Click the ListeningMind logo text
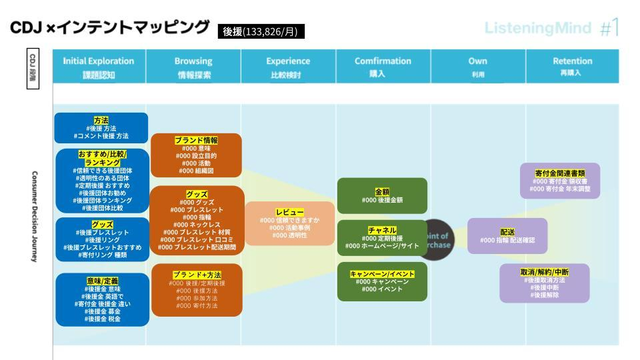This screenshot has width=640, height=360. click(537, 28)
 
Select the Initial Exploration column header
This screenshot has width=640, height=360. click(99, 67)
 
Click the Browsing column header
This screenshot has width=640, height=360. click(193, 67)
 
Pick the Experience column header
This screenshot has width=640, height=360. click(288, 67)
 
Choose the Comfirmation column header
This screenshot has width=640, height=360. click(383, 67)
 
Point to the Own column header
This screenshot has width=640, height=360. click(478, 67)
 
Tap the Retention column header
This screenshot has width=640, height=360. click(573, 67)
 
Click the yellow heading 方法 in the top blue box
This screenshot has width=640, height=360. click(101, 120)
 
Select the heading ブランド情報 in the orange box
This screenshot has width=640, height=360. click(196, 140)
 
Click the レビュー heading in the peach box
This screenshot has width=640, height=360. click(290, 211)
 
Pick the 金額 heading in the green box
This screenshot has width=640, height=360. click(382, 191)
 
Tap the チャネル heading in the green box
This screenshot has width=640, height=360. click(382, 230)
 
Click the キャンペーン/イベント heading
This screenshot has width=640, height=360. click(382, 273)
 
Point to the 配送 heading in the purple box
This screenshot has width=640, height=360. click(507, 232)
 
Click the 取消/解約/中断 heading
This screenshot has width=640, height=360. click(545, 272)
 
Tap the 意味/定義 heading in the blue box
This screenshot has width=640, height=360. click(102, 281)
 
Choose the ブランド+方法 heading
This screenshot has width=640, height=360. click(197, 275)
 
